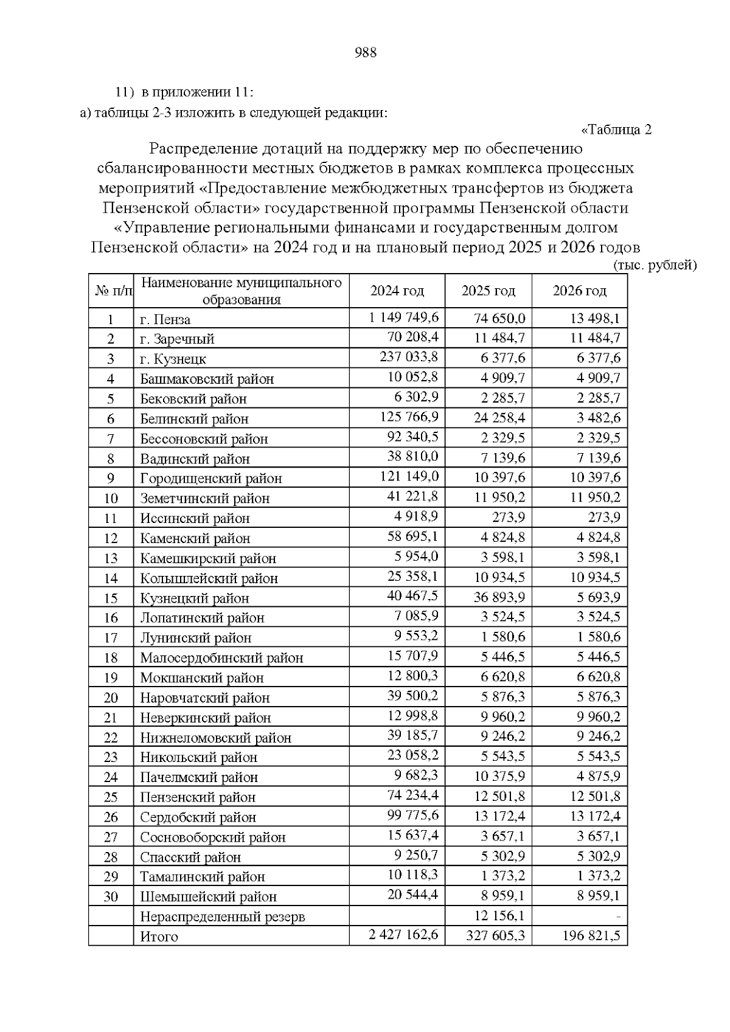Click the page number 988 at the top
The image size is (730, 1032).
click(x=366, y=53)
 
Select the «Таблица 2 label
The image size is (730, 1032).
click(x=616, y=130)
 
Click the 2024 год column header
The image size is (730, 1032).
click(x=397, y=291)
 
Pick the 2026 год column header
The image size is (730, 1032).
click(x=579, y=291)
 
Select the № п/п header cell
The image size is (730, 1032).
click(x=112, y=291)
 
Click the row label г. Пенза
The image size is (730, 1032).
click(x=165, y=320)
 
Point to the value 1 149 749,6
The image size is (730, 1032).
click(x=403, y=318)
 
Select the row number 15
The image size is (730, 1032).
click(x=111, y=598)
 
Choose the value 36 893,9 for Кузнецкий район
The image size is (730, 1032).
click(x=499, y=597)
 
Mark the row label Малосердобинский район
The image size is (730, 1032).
click(x=221, y=658)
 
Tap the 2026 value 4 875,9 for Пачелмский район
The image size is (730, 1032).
click(x=599, y=777)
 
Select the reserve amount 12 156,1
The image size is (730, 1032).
click(x=499, y=916)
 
